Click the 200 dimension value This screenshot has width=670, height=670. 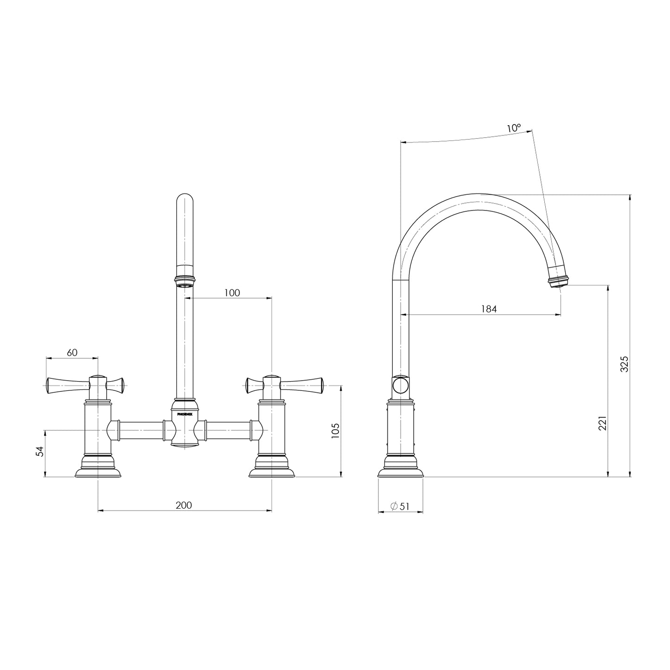[184, 505]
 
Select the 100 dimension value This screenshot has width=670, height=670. [232, 293]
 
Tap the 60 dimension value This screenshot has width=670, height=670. [72, 352]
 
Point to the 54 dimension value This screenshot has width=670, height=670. [40, 451]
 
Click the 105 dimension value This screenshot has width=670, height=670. [336, 430]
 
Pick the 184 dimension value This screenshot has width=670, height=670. [489, 309]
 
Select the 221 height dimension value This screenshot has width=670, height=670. [602, 423]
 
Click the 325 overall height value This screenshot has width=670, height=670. [624, 364]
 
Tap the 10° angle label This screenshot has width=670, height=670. [514, 128]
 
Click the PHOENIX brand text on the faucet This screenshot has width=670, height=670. [185, 415]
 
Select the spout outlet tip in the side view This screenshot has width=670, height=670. [558, 282]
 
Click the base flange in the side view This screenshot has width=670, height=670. [401, 470]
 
